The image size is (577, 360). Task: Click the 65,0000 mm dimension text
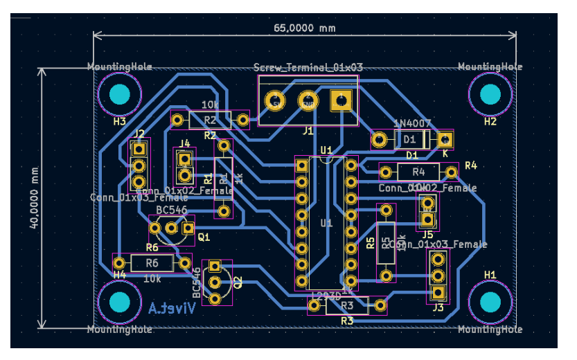pyautogui.click(x=305, y=28)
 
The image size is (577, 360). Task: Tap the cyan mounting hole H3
pyautogui.click(x=120, y=94)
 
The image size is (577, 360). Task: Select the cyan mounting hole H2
pyautogui.click(x=490, y=94)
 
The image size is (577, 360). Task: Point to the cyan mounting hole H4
pyautogui.click(x=120, y=303)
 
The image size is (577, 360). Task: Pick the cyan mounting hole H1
pyautogui.click(x=490, y=303)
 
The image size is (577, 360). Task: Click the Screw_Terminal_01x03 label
pyautogui.click(x=308, y=67)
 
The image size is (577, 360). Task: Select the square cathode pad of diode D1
pyautogui.click(x=444, y=140)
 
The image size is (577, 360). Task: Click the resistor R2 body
pyautogui.click(x=210, y=120)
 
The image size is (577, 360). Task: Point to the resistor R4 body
pyautogui.click(x=418, y=171)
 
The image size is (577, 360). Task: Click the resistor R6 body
pyautogui.click(x=152, y=263)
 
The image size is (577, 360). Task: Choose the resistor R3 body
pyautogui.click(x=347, y=305)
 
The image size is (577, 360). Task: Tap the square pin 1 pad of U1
pyautogui.click(x=302, y=165)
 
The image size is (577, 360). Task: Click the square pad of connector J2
pyautogui.click(x=139, y=148)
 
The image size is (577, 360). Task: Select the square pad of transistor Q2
pyautogui.click(x=215, y=266)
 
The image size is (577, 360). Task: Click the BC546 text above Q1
pyautogui.click(x=171, y=209)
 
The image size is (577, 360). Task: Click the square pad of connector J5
pyautogui.click(x=427, y=221)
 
